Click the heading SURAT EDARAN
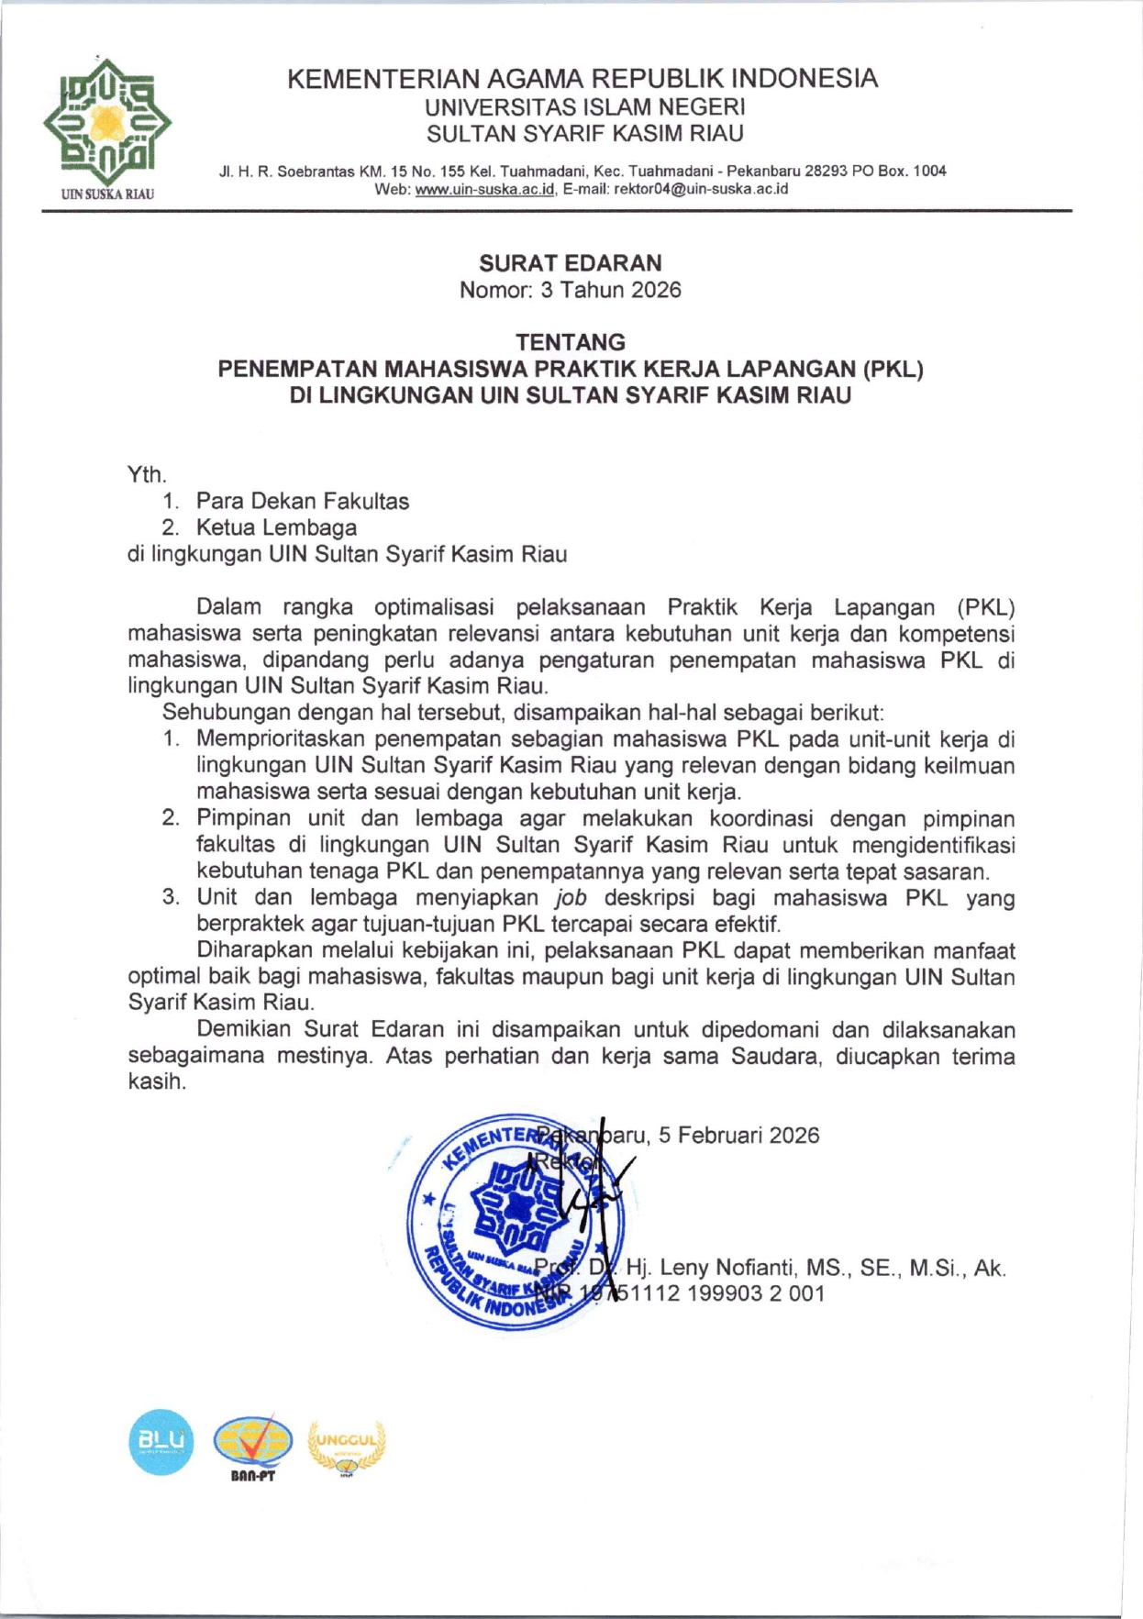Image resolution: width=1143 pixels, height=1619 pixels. pyautogui.click(x=570, y=263)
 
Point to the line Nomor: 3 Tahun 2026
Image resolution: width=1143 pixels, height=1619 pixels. pyautogui.click(x=570, y=290)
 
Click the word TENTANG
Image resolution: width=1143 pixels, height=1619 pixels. pyautogui.click(x=570, y=342)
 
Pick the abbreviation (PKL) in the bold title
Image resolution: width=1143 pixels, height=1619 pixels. pyautogui.click(x=892, y=369)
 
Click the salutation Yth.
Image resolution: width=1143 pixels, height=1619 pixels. pyautogui.click(x=146, y=474)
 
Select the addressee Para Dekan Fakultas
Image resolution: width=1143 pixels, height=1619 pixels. pyautogui.click(x=302, y=501)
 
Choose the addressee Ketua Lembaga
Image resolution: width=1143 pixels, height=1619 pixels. pyautogui.click(x=276, y=527)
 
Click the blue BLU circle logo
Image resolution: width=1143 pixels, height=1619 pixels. pyautogui.click(x=161, y=1441)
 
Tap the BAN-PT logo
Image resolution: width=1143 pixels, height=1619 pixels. pyautogui.click(x=252, y=1444)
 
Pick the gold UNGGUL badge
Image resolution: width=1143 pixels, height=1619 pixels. pyautogui.click(x=347, y=1444)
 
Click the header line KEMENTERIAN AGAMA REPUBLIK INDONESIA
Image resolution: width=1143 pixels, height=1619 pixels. pyautogui.click(x=583, y=78)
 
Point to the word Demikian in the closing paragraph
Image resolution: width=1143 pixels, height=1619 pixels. pyautogui.click(x=244, y=1029)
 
